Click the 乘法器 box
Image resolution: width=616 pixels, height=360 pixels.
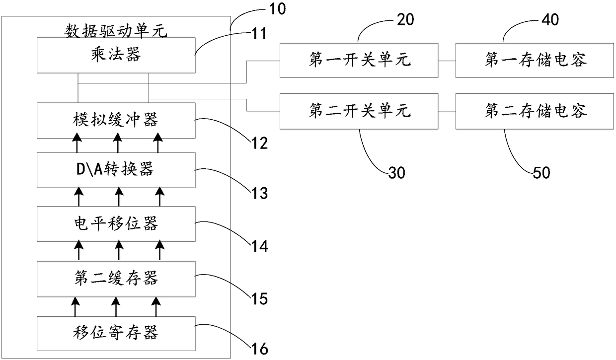point(116,55)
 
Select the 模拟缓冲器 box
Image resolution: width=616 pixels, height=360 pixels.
point(116,121)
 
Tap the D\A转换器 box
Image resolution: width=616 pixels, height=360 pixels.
point(116,170)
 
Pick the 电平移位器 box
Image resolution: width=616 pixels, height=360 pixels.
point(116,224)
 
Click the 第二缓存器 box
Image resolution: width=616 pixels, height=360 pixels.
point(116,279)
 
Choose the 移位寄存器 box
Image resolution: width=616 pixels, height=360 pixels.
point(116,334)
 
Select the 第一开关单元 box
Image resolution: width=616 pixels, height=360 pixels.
point(359,61)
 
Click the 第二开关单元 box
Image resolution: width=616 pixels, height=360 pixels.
point(359,111)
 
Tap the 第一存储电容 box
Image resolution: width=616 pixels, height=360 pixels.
point(535,61)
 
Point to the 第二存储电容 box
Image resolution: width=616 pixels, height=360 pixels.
point(535,111)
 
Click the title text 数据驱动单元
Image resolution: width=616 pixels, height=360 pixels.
point(116,31)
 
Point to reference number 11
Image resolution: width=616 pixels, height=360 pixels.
point(259,34)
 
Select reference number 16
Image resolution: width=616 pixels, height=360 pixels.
point(260,349)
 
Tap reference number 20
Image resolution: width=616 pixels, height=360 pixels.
point(405,20)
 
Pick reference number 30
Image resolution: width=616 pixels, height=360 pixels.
point(397,173)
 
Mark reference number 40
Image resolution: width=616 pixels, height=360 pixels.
point(550,20)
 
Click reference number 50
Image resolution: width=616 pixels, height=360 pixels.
point(541,173)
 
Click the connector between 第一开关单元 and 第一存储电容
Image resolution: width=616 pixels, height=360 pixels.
point(447,61)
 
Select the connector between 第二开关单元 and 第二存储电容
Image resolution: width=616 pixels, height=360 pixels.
point(447,111)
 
